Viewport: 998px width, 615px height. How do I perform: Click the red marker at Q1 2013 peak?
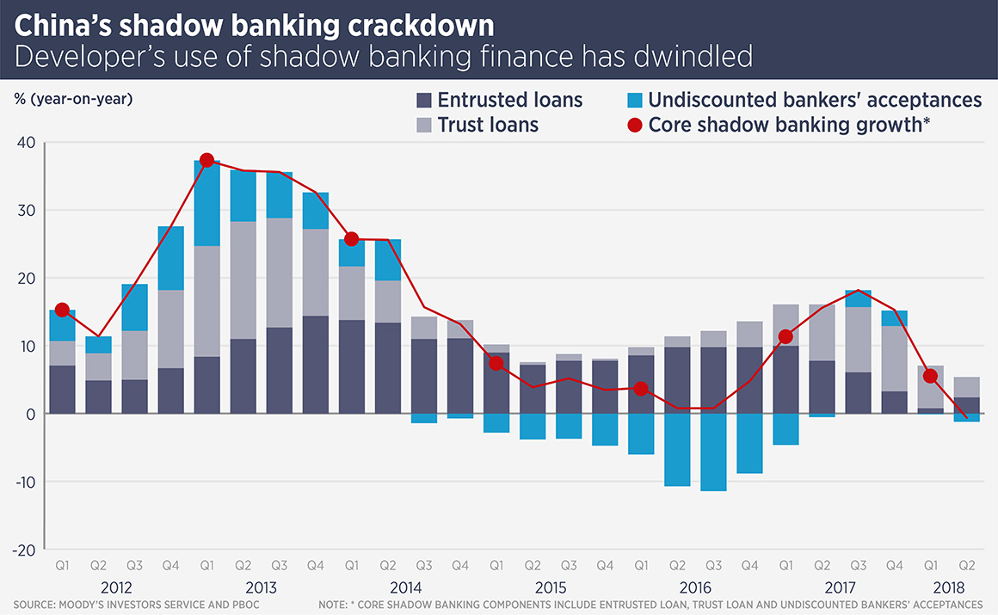click(x=206, y=161)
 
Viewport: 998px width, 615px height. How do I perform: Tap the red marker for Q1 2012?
click(x=62, y=310)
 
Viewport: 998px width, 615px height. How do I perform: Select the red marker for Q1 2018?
click(x=930, y=376)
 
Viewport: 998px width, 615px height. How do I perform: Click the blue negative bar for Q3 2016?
click(x=713, y=452)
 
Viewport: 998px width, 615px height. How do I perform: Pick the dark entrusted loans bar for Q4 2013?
click(x=315, y=365)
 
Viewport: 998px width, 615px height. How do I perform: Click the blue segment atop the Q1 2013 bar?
click(x=206, y=204)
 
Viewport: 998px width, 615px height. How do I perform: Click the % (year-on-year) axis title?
click(x=73, y=98)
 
